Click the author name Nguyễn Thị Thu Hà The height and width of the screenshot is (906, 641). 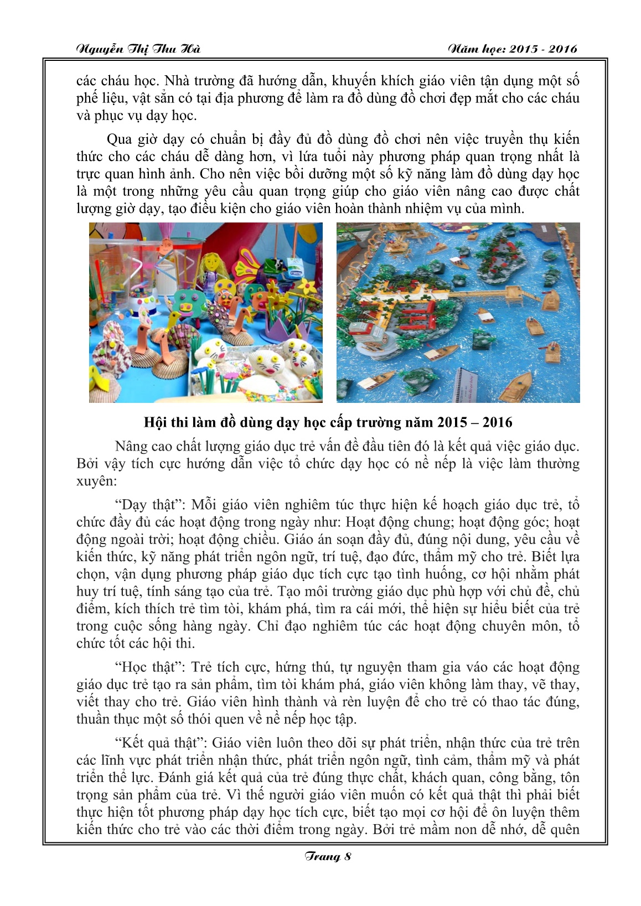pos(138,49)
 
